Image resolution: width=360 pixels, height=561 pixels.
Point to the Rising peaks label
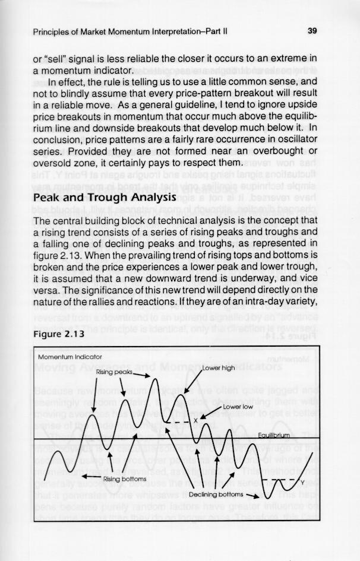(113, 372)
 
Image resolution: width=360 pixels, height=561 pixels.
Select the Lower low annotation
(239, 407)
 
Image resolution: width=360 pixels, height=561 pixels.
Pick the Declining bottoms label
(216, 493)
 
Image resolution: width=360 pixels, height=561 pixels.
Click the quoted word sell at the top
(61, 59)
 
